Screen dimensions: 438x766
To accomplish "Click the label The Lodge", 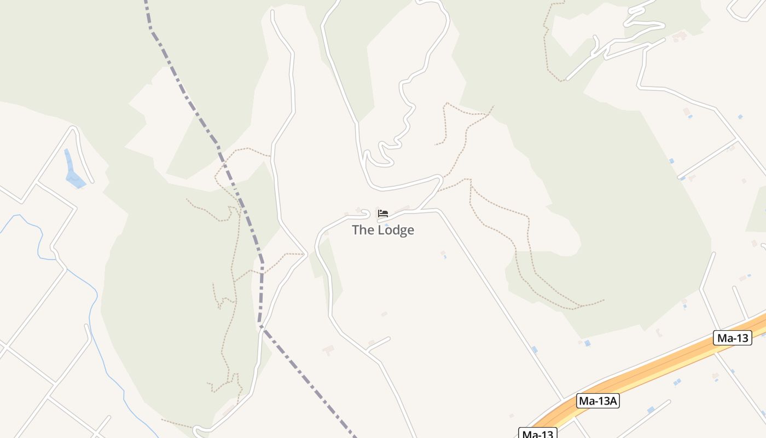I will coord(382,230).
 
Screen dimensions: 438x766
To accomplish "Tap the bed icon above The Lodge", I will coord(383,213).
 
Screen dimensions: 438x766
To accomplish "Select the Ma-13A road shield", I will coord(597,401).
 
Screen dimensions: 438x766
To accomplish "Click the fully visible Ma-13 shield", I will coord(732,338).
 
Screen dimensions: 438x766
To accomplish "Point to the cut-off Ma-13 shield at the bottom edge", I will coord(538,434).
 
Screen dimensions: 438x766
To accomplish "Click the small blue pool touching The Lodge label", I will coord(387,224).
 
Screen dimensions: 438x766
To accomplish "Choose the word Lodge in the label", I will coord(395,230).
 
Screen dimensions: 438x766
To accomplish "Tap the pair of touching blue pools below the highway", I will coord(677,382).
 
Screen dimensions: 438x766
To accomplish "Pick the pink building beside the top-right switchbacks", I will coord(680,36).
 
